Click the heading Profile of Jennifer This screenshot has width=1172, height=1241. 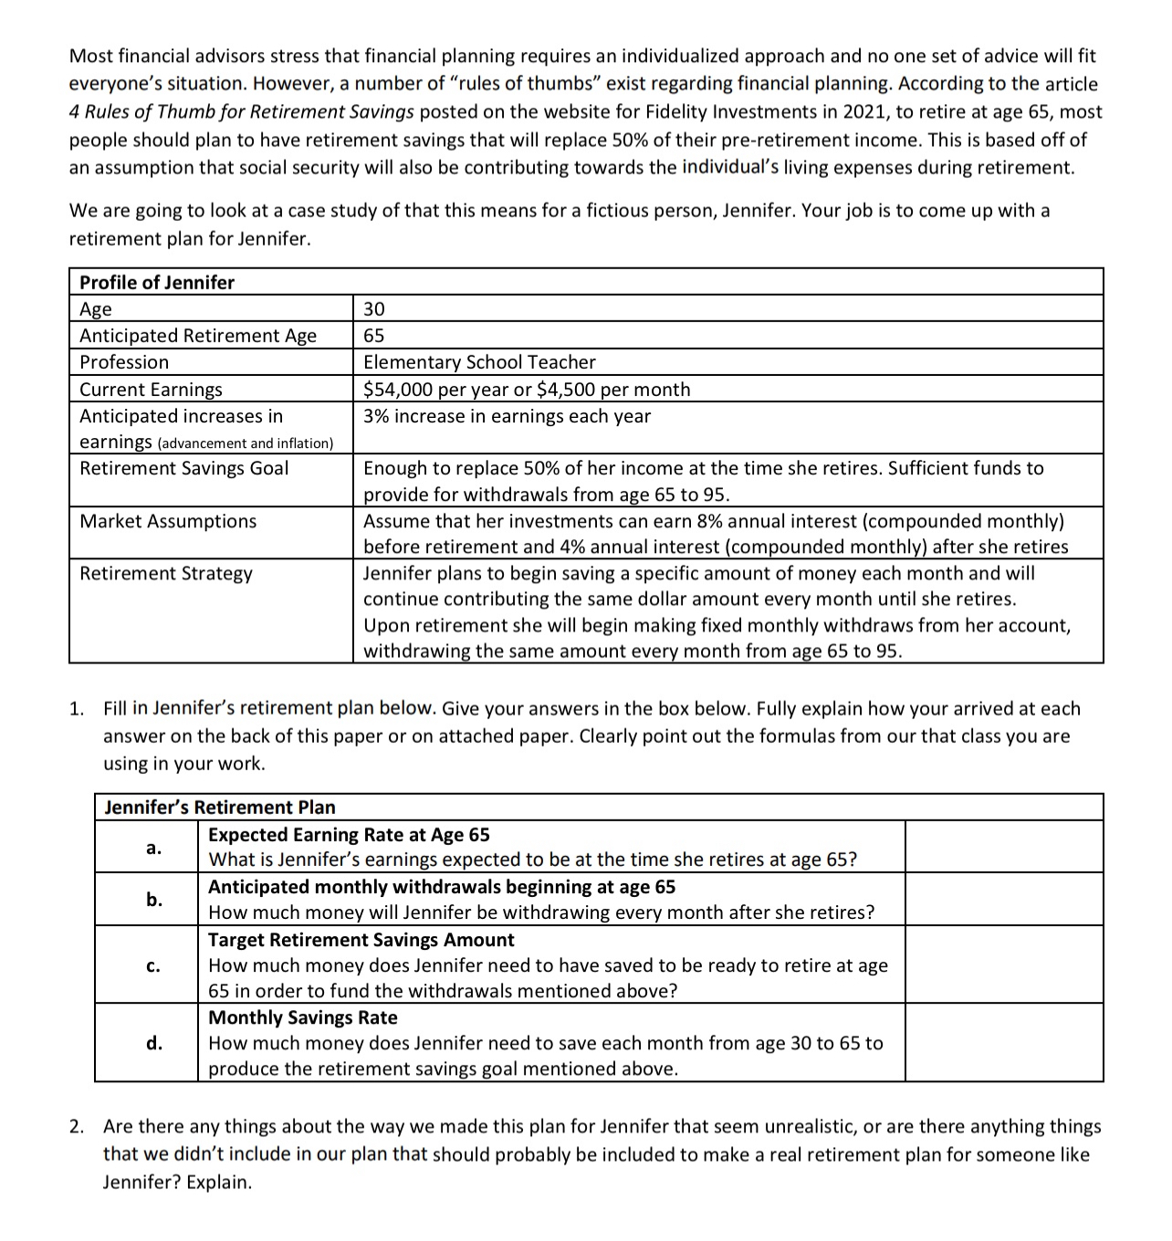coord(157,282)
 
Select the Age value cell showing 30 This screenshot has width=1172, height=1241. coord(374,308)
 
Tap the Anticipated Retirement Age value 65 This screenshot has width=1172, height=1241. coord(374,335)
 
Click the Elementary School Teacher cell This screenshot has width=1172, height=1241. coord(479,362)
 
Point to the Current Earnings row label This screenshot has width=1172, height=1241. coord(151,389)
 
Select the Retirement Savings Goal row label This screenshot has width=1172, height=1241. coord(183,468)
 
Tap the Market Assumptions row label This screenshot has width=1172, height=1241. coord(168,521)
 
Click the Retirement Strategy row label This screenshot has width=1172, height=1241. coord(166,573)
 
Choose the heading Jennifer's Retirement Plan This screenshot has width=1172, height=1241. coord(220,807)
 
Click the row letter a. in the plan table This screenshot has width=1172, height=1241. coord(153,848)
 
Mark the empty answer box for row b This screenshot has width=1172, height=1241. coord(1003,900)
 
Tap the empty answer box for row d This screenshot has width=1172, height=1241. coord(1003,1043)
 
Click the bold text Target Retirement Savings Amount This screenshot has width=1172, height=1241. coord(361,940)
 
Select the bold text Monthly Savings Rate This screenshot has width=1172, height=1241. coord(303,1017)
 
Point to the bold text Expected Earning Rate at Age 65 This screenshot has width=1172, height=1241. coord(349,835)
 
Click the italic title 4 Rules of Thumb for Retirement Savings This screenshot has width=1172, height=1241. coord(242,112)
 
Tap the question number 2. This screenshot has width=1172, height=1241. coord(78,1127)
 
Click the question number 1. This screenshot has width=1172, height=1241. coord(78,709)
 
